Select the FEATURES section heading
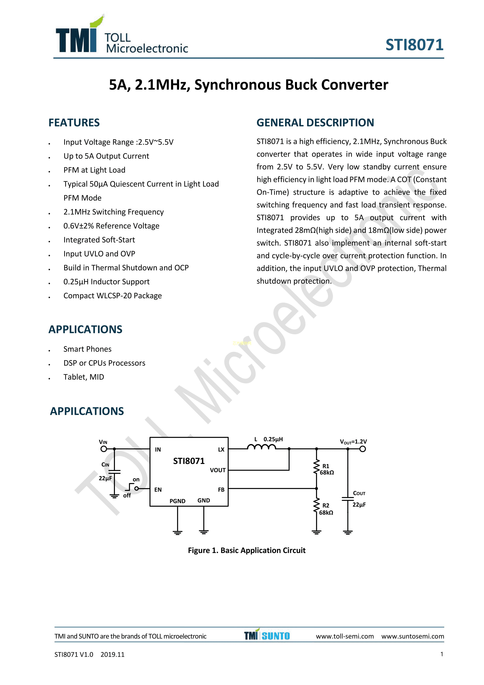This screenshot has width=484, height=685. (x=74, y=123)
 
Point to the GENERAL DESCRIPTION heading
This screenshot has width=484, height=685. (x=315, y=123)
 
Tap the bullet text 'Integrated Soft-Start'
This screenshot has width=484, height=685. (x=99, y=240)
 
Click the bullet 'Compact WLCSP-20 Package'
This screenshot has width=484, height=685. (x=112, y=296)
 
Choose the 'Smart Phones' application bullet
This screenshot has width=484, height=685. (x=87, y=349)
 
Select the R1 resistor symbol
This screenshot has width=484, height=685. (x=316, y=467)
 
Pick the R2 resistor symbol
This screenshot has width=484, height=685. (x=316, y=506)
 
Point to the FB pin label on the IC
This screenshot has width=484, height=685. (x=221, y=490)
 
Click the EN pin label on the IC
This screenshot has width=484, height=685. (x=158, y=490)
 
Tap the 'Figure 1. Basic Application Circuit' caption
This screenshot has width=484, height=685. (x=246, y=550)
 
